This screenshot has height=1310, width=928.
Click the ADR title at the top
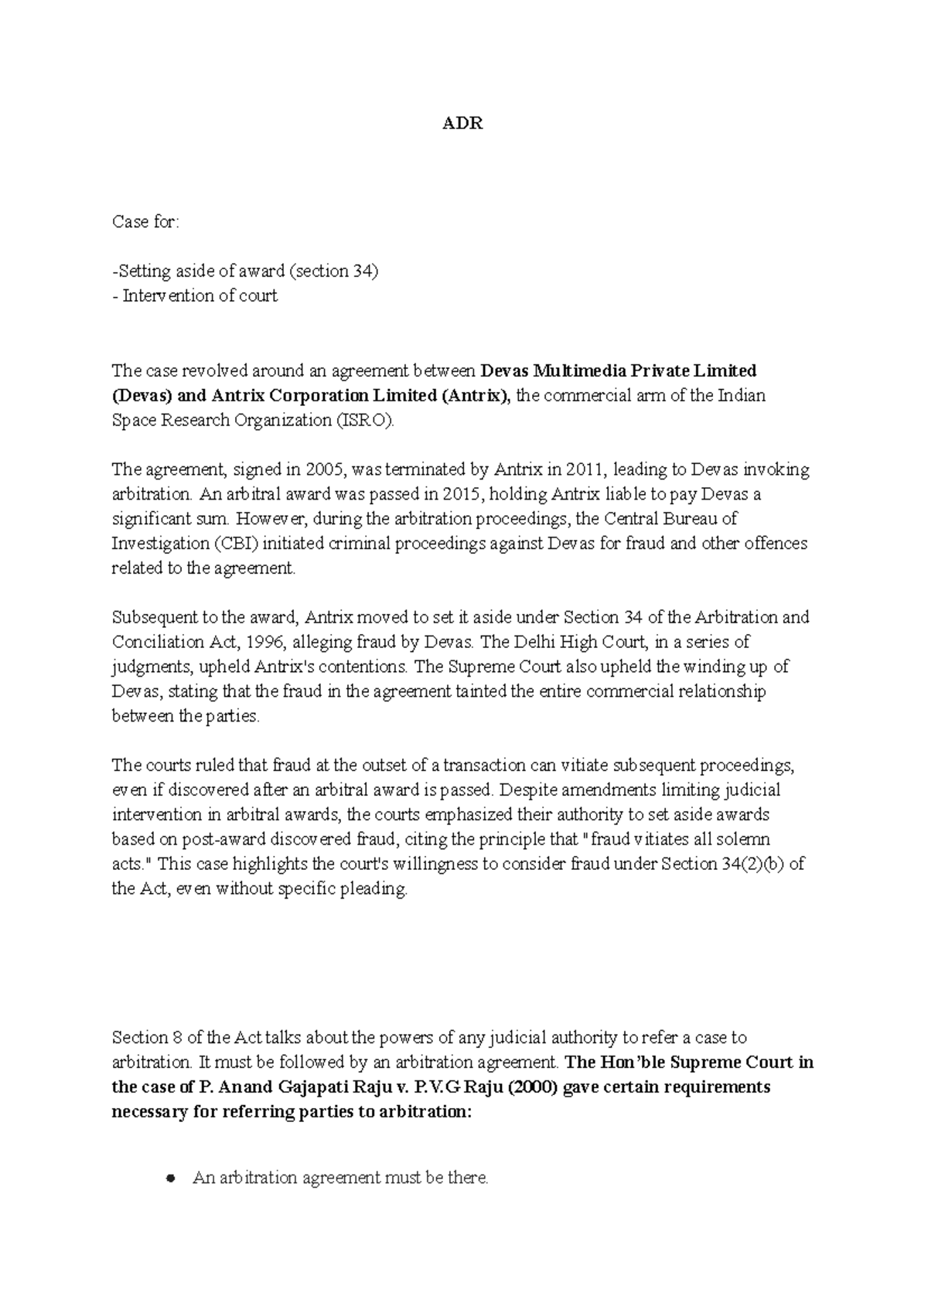(462, 124)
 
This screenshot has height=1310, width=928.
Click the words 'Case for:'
(145, 222)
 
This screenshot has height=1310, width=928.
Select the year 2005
(324, 469)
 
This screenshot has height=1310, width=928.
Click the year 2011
(584, 469)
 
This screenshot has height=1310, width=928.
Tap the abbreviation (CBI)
(233, 544)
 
